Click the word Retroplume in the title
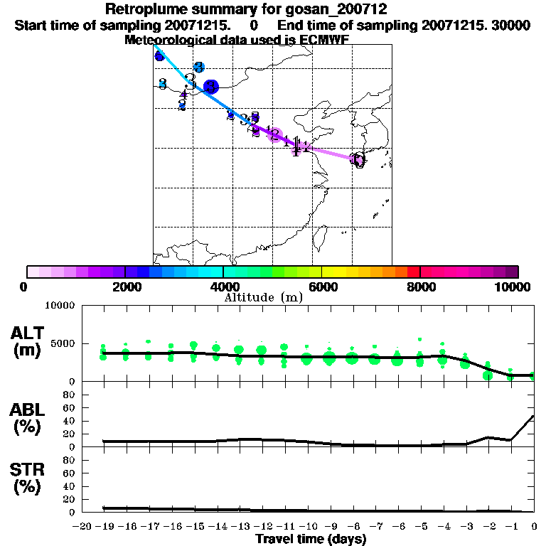point(141,9)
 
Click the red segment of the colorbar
point(413,272)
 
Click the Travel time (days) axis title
point(311,540)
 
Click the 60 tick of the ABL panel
point(70,407)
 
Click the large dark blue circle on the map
point(210,87)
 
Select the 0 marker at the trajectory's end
point(359,160)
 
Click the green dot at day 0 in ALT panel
point(533,375)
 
